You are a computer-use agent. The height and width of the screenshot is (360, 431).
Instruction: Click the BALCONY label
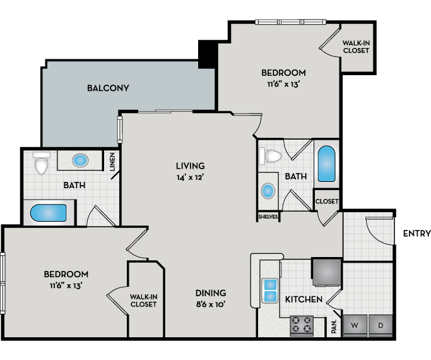[x=108, y=88]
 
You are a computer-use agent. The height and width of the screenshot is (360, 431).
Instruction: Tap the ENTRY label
[x=416, y=234]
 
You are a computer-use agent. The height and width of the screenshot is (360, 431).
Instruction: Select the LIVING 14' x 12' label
[x=190, y=171]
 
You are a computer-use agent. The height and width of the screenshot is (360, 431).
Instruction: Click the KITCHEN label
[x=304, y=299]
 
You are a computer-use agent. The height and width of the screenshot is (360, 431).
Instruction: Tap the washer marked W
[x=355, y=326]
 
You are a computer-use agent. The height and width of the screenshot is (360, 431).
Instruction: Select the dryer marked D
[x=381, y=326]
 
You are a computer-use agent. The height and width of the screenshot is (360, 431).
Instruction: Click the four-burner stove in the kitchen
[x=302, y=326]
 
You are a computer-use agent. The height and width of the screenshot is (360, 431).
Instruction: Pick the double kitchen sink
[x=270, y=291]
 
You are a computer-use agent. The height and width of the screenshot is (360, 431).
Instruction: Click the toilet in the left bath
[x=42, y=163]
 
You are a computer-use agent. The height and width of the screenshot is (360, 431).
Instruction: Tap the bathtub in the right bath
[x=326, y=164]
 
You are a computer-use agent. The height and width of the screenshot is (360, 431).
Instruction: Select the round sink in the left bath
[x=80, y=160]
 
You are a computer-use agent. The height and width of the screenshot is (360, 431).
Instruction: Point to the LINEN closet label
[x=112, y=162]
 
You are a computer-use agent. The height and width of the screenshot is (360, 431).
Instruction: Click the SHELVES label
[x=268, y=217]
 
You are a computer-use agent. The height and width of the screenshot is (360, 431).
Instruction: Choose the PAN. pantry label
[x=334, y=327]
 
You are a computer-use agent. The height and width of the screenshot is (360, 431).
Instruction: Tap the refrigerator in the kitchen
[x=327, y=272]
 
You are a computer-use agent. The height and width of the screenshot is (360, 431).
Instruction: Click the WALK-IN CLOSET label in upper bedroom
[x=356, y=47]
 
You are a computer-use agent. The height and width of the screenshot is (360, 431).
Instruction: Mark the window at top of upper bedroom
[x=290, y=22]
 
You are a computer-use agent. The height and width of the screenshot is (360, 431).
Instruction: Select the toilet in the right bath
[x=271, y=155]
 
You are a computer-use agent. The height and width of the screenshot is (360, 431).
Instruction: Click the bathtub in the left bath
[x=49, y=213]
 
